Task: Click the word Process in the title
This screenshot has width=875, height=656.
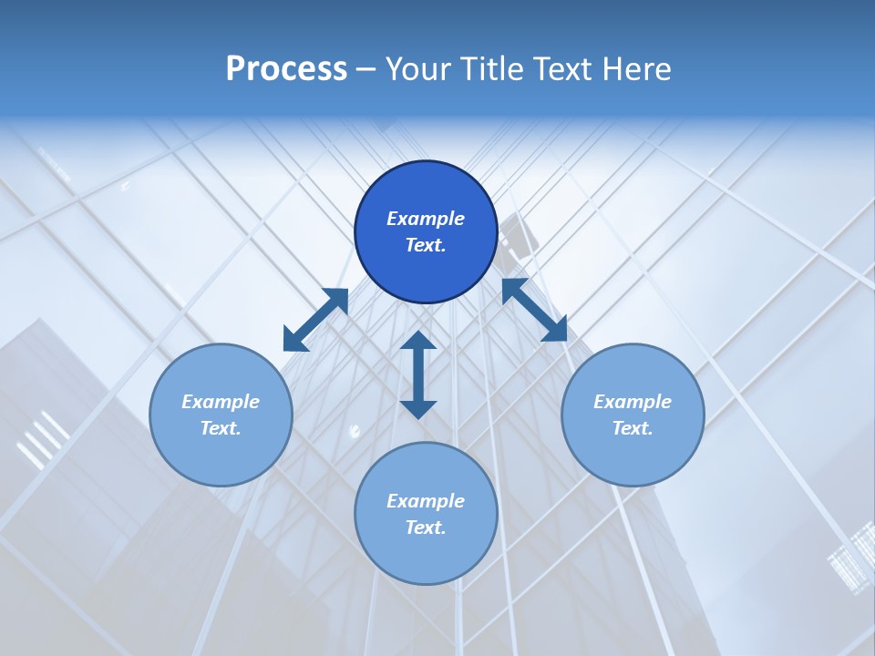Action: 286,69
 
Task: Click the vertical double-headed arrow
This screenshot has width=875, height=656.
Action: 418,374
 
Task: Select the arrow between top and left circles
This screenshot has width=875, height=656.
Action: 315,320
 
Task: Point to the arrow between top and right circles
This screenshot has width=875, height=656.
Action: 534,310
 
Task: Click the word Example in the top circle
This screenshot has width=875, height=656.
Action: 426,219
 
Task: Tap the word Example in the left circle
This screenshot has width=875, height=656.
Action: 221,402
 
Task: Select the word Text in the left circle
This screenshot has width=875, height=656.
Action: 221,428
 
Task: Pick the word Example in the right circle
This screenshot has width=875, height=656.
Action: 633,402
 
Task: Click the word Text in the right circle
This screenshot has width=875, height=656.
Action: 633,428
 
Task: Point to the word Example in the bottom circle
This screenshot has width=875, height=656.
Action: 426,501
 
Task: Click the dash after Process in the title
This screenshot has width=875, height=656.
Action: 365,70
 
